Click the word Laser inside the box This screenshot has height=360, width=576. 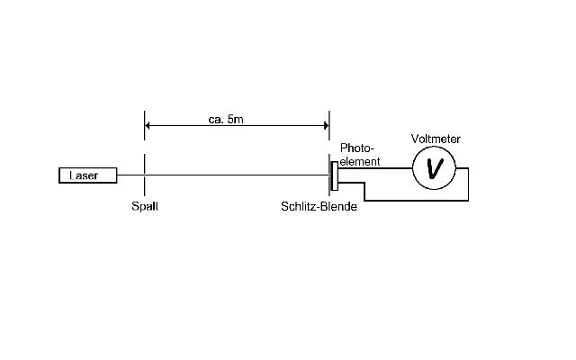[84, 175]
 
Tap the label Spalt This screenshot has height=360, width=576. [145, 206]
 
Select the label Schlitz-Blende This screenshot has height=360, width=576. [319, 206]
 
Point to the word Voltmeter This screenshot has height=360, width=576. [436, 139]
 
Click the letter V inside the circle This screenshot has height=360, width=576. [435, 168]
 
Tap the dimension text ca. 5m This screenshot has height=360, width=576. [226, 119]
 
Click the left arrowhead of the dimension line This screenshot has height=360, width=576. [147, 126]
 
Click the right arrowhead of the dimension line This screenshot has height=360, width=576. [327, 126]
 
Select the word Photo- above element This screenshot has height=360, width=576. [356, 148]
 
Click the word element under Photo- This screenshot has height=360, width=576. [360, 162]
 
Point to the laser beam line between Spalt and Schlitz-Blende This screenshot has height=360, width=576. [237, 175]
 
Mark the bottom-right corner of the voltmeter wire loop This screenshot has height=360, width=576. [468, 201]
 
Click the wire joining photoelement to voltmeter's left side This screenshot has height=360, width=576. [375, 168]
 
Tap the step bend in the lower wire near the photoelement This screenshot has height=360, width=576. [364, 183]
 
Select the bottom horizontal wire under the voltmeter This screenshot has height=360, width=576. [417, 201]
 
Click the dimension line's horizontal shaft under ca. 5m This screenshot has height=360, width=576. [237, 126]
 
